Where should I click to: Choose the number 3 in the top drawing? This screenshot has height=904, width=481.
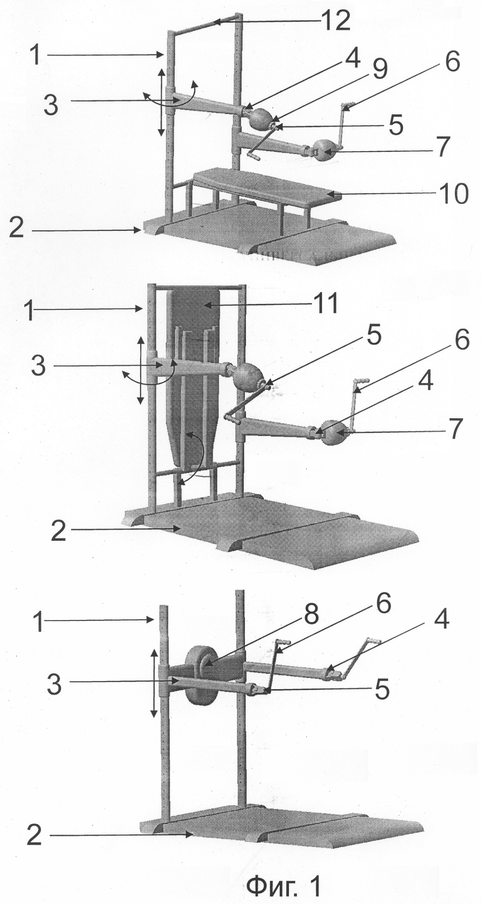click(x=51, y=105)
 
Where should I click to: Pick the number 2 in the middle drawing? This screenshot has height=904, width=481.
click(x=58, y=531)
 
